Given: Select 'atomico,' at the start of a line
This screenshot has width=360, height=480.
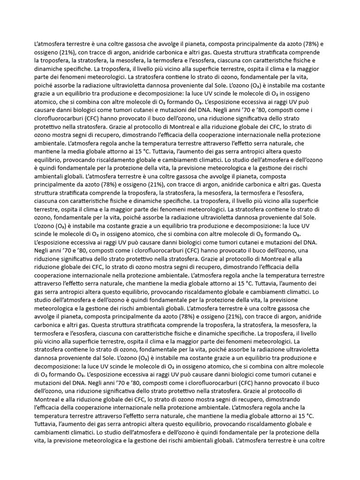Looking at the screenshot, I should coord(47,103).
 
